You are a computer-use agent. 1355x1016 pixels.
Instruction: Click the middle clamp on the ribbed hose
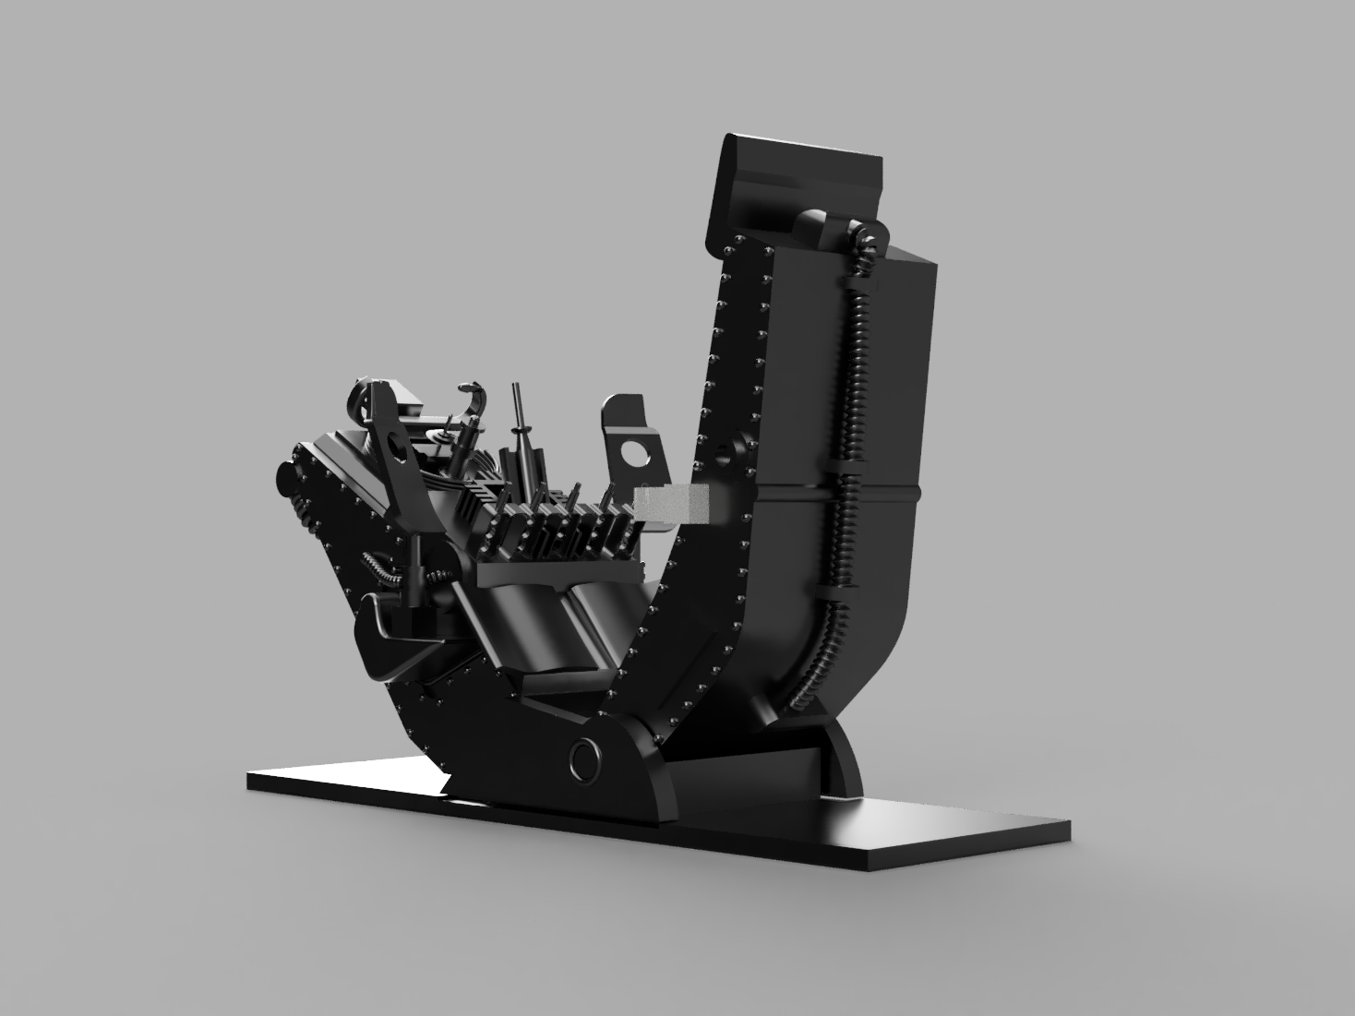tap(843, 472)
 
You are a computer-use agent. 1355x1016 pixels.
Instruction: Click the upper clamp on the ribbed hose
tap(857, 277)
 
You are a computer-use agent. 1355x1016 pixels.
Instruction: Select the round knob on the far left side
tap(283, 476)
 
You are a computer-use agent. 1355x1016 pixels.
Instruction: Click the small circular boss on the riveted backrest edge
tap(722, 456)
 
